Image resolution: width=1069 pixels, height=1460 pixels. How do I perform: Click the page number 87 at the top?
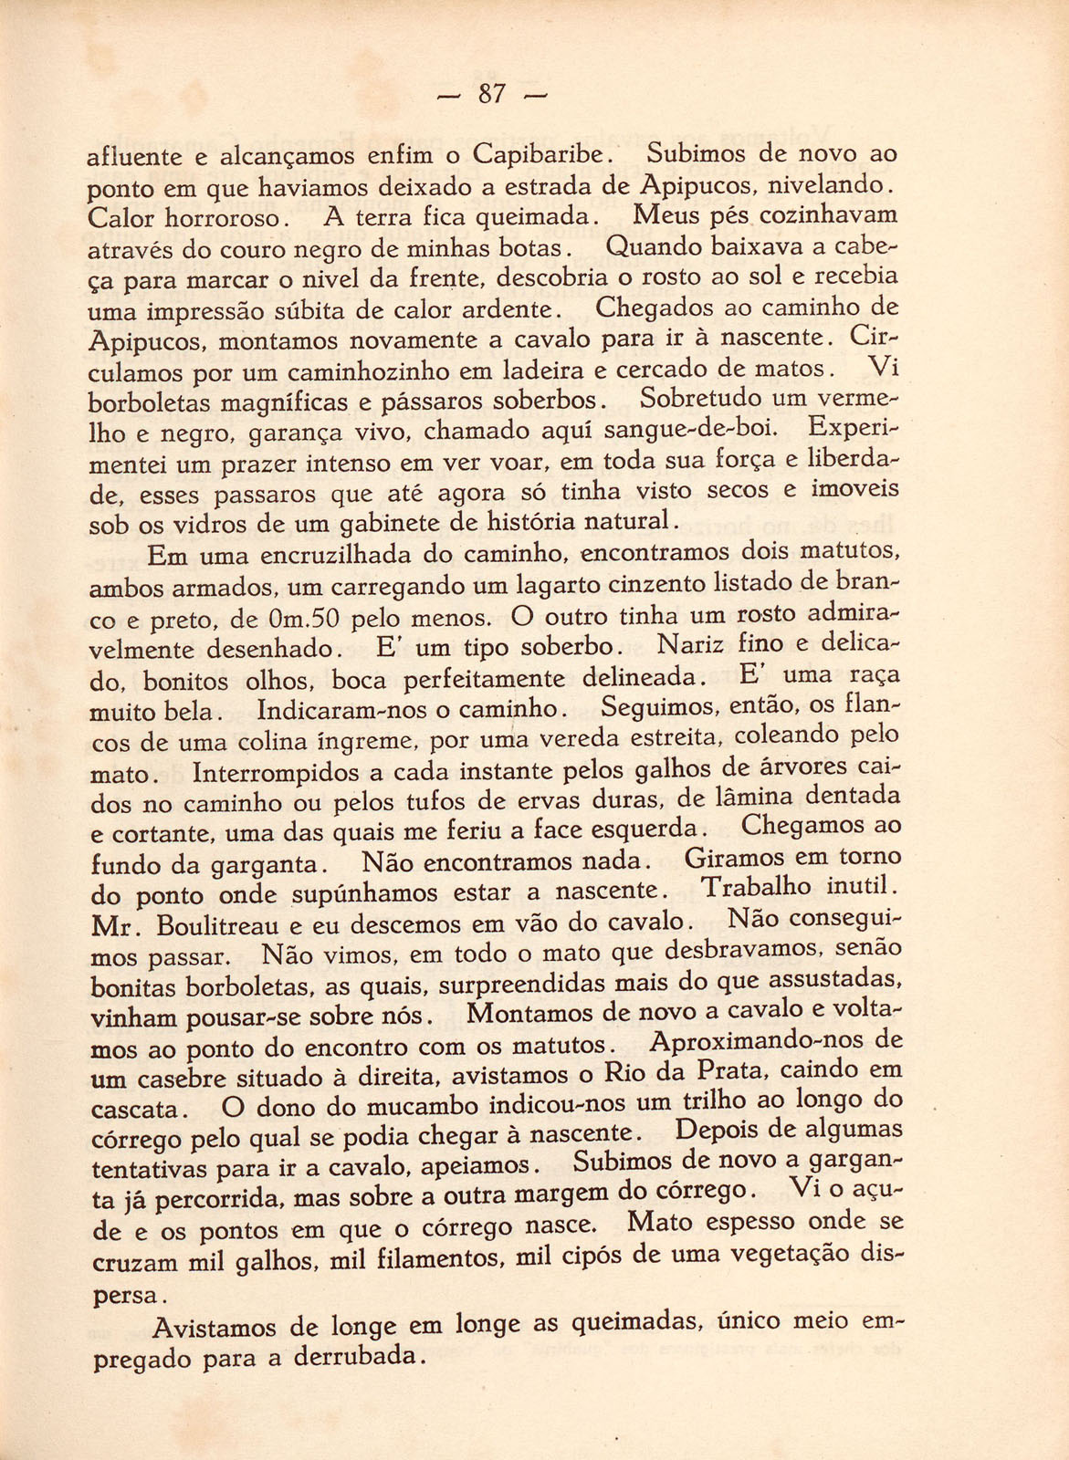pyautogui.click(x=492, y=94)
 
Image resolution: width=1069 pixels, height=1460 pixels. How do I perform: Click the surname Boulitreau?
pyautogui.click(x=217, y=924)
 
